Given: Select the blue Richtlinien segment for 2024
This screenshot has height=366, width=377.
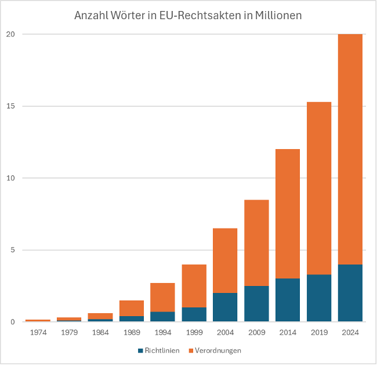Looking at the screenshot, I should [x=350, y=293].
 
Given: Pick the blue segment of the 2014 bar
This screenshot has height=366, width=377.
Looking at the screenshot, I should [x=287, y=300].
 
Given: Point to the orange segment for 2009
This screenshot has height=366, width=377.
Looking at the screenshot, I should [x=256, y=242].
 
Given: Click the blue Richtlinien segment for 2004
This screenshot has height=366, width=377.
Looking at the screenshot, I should [x=224, y=307].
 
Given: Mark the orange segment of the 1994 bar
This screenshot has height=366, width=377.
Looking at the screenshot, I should [x=162, y=297].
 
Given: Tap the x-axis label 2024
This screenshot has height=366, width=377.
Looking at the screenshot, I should [x=350, y=332].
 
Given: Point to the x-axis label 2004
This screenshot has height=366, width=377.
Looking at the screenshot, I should [x=224, y=332].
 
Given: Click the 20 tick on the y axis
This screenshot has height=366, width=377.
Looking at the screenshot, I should [x=10, y=34].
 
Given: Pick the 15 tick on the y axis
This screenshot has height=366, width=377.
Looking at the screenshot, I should [x=10, y=106].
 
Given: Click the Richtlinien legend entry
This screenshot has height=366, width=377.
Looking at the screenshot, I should [x=158, y=350].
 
